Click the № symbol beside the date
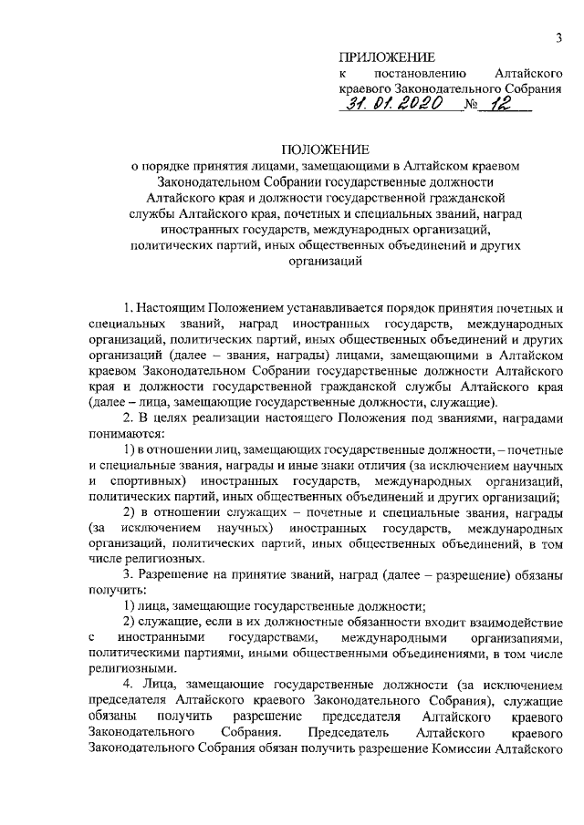[x=472, y=108]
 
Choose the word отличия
[x=389, y=464]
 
